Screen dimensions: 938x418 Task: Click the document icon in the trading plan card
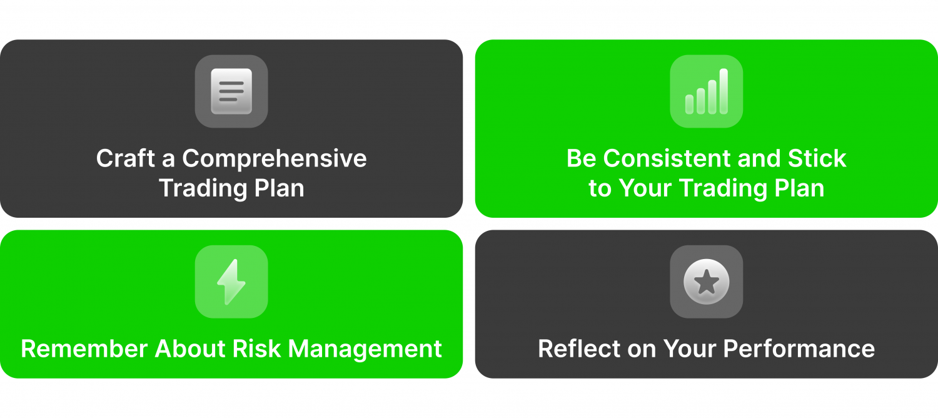point(231,91)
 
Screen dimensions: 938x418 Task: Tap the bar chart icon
point(707,91)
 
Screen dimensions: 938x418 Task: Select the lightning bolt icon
point(231,282)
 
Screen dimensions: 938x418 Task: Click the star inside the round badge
point(707,282)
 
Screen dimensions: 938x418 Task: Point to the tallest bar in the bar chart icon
point(724,91)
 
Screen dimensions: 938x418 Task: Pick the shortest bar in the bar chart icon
point(689,104)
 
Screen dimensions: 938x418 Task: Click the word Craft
point(126,158)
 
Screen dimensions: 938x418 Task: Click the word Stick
point(817,158)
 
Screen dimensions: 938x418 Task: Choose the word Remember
point(84,349)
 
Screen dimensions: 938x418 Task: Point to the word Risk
point(256,349)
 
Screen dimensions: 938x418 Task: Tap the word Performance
point(799,349)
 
